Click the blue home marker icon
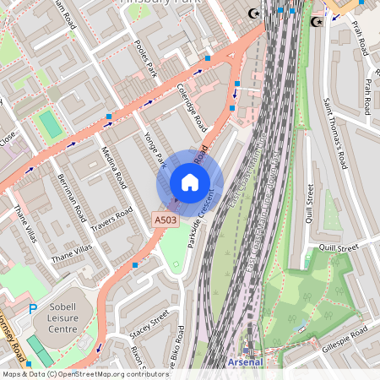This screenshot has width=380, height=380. [x=190, y=182]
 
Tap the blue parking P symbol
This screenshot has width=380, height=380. [x=33, y=310]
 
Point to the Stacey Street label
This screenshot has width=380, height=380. [x=149, y=324]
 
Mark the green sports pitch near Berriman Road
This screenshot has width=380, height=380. [x=51, y=125]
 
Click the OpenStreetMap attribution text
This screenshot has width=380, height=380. [x=85, y=373]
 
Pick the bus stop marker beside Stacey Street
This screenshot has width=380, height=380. [x=134, y=266]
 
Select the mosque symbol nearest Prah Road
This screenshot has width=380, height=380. [x=317, y=21]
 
